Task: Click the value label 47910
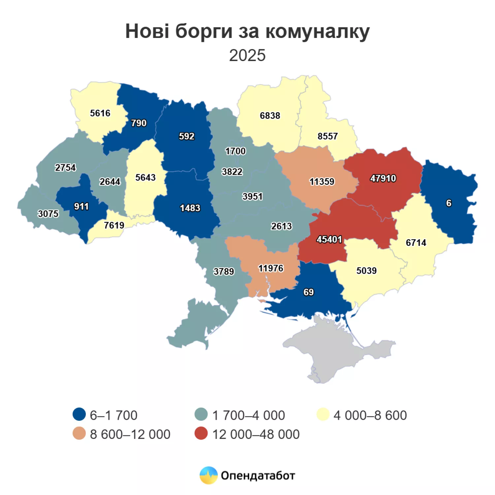click(383, 179)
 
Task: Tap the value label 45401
click(329, 239)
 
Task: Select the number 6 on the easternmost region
click(448, 203)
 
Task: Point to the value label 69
click(309, 292)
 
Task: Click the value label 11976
click(271, 268)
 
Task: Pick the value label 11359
click(322, 181)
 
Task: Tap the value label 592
click(186, 136)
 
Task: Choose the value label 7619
click(114, 225)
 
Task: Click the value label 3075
click(48, 214)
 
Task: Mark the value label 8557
click(327, 136)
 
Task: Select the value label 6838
click(270, 115)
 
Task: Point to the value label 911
click(81, 207)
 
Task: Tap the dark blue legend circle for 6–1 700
click(79, 414)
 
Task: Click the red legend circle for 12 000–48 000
click(201, 434)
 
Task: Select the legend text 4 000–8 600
click(370, 415)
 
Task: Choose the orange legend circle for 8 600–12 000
click(79, 434)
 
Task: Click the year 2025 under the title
click(247, 55)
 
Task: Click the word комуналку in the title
click(317, 32)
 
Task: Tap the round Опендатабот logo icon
click(209, 475)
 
